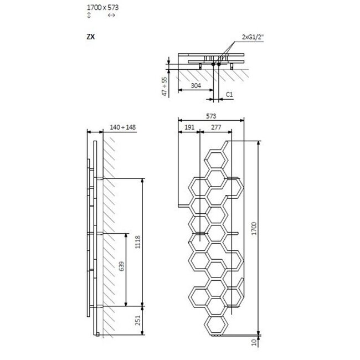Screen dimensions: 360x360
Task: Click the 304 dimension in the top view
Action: click(x=195, y=86)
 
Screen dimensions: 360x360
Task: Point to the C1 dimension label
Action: click(x=228, y=95)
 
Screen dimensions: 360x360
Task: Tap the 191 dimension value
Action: click(x=188, y=127)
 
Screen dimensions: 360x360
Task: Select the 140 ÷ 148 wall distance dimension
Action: click(x=122, y=127)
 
